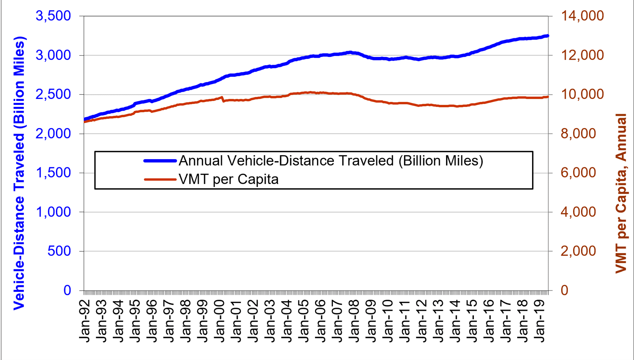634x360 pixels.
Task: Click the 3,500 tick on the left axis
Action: (x=53, y=16)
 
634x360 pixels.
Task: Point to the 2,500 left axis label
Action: (x=53, y=94)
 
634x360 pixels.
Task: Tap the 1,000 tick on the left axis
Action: (x=53, y=212)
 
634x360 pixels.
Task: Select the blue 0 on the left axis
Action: (x=67, y=291)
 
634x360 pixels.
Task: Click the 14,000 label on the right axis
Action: (x=583, y=16)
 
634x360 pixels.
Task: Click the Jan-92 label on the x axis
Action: (x=85, y=320)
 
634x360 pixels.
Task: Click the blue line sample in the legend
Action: (x=160, y=161)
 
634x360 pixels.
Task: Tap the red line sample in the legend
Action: (x=160, y=179)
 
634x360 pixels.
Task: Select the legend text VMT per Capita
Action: (x=229, y=179)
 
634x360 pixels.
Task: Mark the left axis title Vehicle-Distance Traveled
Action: (x=19, y=173)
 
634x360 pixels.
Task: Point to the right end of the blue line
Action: (x=547, y=36)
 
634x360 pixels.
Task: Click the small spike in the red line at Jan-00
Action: (x=222, y=98)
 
